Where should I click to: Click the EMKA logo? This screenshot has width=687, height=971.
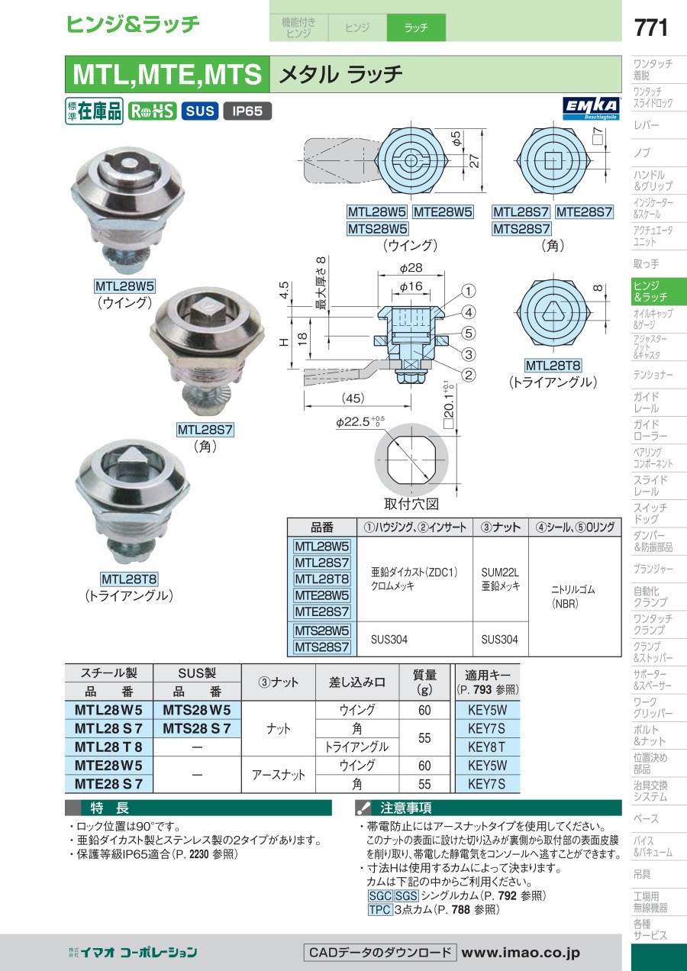point(591,108)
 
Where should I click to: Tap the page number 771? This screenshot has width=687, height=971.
point(651,27)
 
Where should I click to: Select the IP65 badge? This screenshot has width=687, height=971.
point(247,111)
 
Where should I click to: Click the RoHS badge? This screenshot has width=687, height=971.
point(152,111)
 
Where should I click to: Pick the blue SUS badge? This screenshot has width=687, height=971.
point(200,111)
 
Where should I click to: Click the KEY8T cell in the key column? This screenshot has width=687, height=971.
point(487,747)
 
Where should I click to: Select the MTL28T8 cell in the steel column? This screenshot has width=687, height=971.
point(108,747)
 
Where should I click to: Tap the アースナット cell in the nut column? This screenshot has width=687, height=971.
point(279,775)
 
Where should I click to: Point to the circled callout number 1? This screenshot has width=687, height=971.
point(468,291)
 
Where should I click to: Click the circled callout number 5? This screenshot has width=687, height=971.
point(468,333)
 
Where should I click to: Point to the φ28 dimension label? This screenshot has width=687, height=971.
point(411,268)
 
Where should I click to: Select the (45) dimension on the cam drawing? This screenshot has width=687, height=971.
point(353,398)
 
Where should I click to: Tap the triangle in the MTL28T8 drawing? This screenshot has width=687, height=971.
point(553,312)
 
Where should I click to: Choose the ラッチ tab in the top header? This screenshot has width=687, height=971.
point(416,27)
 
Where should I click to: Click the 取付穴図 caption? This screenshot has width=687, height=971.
point(411,504)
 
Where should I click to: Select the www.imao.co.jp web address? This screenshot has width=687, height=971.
point(521,953)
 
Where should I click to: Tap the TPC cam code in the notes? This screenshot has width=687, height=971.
point(379,909)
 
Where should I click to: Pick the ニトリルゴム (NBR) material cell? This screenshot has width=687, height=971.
point(573,596)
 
